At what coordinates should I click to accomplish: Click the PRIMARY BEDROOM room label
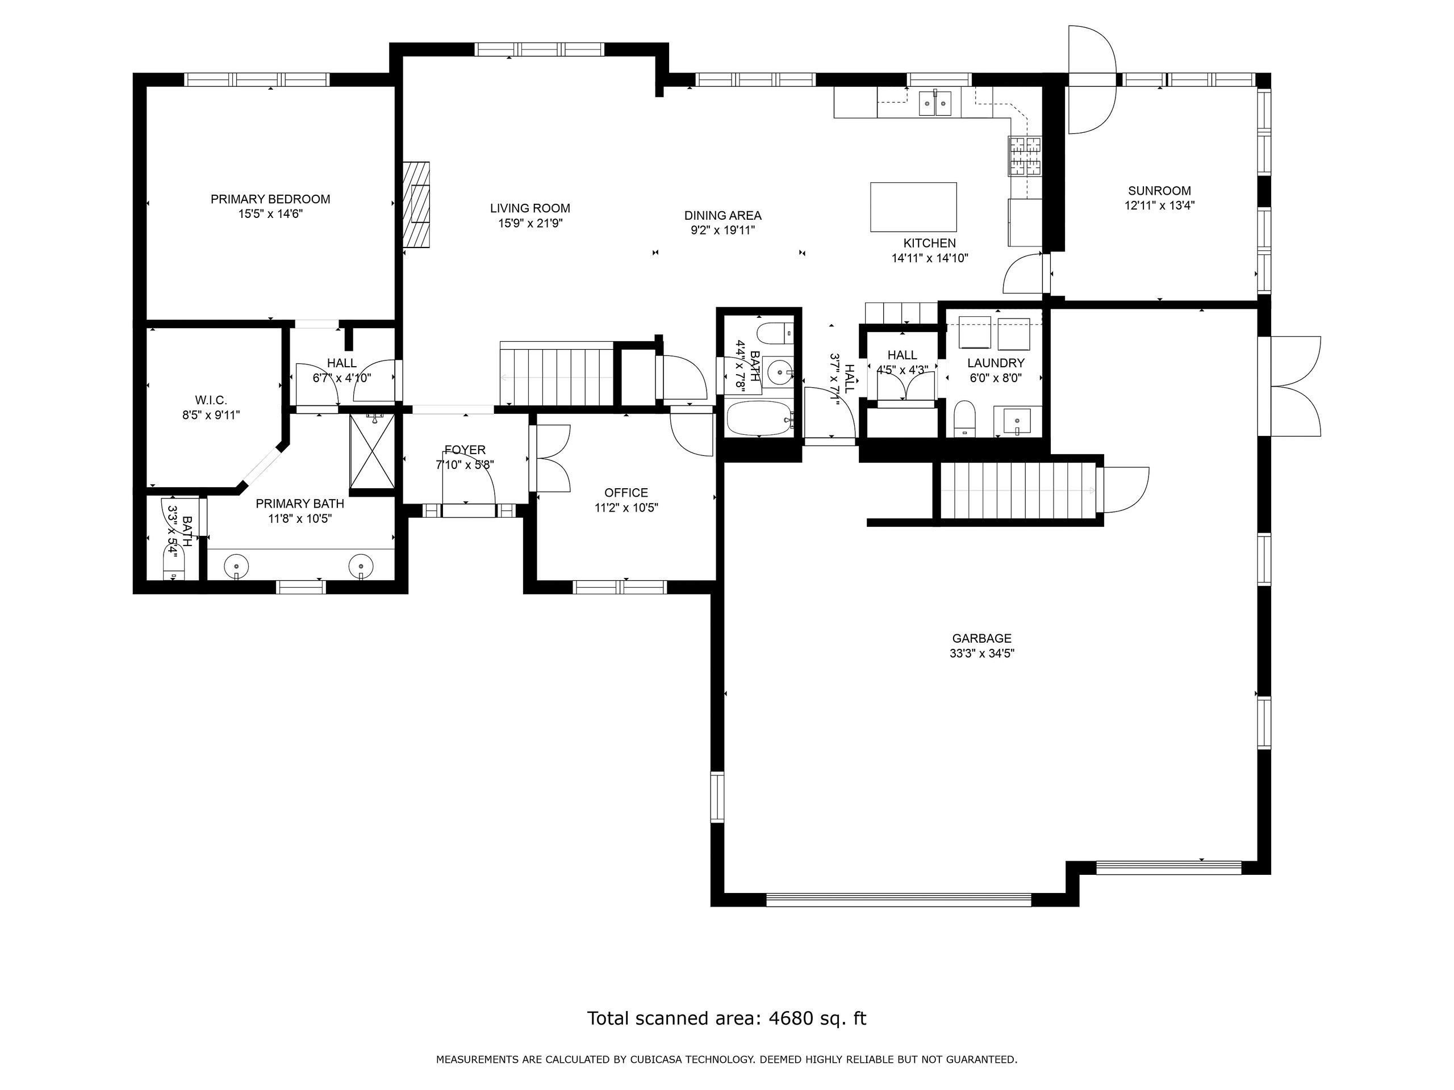pyautogui.click(x=270, y=199)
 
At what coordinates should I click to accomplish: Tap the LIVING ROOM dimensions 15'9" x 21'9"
pyautogui.click(x=530, y=223)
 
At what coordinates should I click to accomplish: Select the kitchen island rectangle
pyautogui.click(x=913, y=207)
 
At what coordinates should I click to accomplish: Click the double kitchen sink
pyautogui.click(x=935, y=103)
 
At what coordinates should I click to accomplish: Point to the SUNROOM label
pyautogui.click(x=1160, y=191)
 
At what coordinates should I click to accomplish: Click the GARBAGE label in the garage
pyautogui.click(x=981, y=638)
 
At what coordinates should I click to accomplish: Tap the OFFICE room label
pyautogui.click(x=626, y=493)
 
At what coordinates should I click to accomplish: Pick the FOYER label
pyautogui.click(x=465, y=450)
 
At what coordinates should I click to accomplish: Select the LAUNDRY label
pyautogui.click(x=996, y=363)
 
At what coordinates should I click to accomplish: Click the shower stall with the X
pyautogui.click(x=373, y=451)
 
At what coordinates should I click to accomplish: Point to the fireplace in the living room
pyautogui.click(x=416, y=204)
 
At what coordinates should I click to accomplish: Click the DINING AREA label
pyautogui.click(x=723, y=216)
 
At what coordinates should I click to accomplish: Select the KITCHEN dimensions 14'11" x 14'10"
pyautogui.click(x=929, y=258)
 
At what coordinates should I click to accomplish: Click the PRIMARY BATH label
pyautogui.click(x=300, y=504)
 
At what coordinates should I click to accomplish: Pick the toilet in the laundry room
pyautogui.click(x=964, y=418)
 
